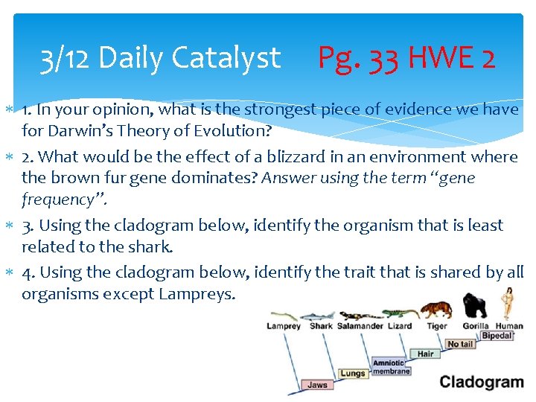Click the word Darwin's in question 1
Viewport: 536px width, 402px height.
(x=78, y=133)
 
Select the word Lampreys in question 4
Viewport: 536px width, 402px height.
(x=196, y=293)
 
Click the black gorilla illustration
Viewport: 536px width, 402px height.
(x=474, y=306)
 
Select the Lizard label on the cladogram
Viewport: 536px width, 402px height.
(x=400, y=326)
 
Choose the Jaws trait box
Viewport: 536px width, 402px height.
(x=317, y=385)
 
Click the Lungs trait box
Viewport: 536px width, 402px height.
(x=353, y=374)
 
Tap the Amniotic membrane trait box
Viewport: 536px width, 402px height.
(x=391, y=367)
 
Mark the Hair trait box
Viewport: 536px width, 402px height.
(x=425, y=354)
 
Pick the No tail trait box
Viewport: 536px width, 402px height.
(x=459, y=345)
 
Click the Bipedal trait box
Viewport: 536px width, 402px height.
(x=496, y=336)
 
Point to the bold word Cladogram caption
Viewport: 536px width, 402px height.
(x=482, y=383)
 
